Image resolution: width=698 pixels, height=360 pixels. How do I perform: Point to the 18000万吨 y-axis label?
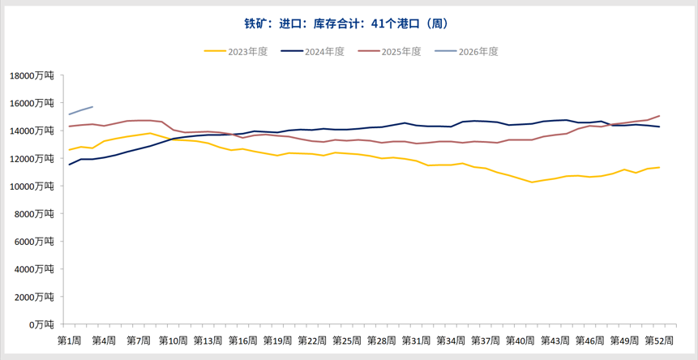click(x=32, y=75)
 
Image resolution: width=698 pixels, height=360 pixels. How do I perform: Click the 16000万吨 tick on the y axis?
click(x=32, y=103)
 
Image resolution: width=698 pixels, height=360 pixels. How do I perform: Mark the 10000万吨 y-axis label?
click(x=32, y=186)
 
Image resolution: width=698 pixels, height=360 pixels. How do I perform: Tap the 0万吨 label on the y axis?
click(x=40, y=324)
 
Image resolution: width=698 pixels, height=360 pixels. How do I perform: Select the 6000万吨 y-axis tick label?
click(x=35, y=241)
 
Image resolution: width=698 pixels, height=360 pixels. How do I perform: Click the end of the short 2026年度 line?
click(x=92, y=107)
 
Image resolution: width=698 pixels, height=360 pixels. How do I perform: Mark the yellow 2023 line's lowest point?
click(x=532, y=182)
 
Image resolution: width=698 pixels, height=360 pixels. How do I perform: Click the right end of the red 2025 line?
click(x=659, y=116)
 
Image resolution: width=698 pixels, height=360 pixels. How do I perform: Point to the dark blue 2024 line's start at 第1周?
click(x=69, y=165)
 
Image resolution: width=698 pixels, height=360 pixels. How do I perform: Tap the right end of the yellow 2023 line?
click(x=659, y=167)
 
